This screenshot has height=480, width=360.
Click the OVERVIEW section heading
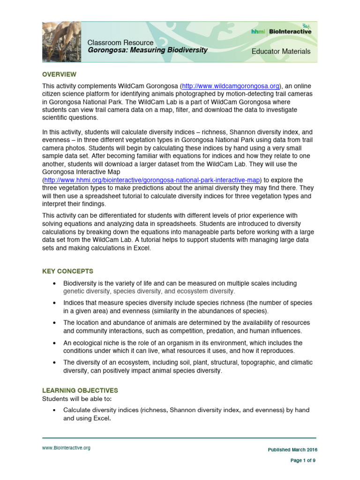[59, 75]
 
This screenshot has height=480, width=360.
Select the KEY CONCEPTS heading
[68, 271]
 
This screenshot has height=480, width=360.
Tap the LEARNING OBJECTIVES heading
[80, 390]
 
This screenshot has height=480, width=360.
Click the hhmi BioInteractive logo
[281, 31]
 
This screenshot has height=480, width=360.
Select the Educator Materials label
[281, 51]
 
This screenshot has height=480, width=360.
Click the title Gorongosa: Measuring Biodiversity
[148, 50]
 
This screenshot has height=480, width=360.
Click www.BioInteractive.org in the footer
[66, 448]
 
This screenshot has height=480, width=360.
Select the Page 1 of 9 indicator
[303, 461]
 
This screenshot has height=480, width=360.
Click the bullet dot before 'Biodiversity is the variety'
[55, 284]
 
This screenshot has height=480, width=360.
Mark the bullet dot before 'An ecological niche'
[55, 343]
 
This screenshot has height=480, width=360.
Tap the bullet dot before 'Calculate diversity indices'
[55, 410]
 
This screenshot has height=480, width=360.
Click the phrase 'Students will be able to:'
[77, 398]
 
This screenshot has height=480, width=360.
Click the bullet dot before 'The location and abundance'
[55, 323]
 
